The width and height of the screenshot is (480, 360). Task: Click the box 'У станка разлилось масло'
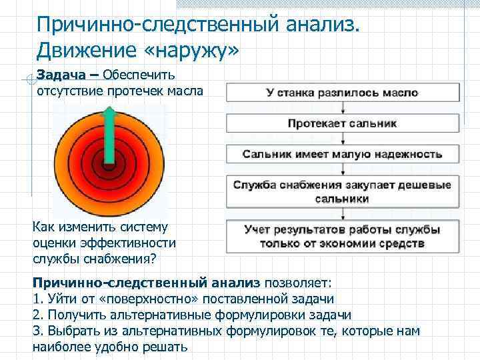pos(343,93)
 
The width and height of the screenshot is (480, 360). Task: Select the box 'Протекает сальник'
pos(343,123)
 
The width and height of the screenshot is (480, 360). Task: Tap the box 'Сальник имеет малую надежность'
pos(343,154)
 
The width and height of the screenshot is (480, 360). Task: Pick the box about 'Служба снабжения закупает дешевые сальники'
pos(343,191)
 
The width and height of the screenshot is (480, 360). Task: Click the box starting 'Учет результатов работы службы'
pos(343,236)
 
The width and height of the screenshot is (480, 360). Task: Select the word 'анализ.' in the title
pos(321,25)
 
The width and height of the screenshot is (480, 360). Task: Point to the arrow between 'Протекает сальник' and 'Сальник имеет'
pos(343,138)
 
